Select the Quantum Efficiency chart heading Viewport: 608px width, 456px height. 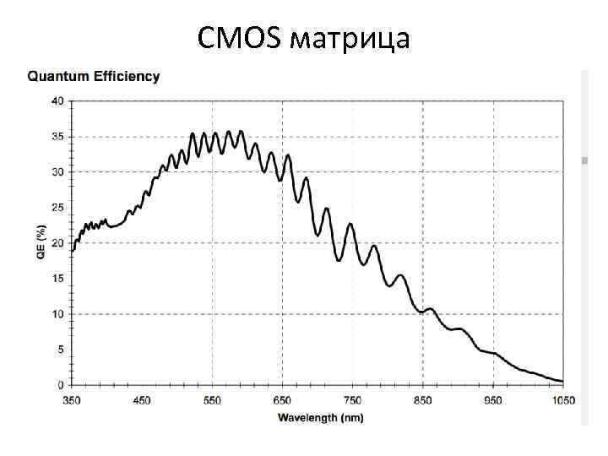point(94,77)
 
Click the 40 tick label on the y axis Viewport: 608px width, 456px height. point(57,100)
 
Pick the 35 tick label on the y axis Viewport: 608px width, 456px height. point(57,136)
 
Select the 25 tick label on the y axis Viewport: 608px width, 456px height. point(57,207)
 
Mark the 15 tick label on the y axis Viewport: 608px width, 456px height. point(57,279)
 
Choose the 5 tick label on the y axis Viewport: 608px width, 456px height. point(60,350)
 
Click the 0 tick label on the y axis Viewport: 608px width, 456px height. point(60,385)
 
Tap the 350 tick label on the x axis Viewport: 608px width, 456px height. point(73,400)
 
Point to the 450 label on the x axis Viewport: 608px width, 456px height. point(143,400)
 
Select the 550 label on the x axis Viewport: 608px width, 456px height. point(213,400)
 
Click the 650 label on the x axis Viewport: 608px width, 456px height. point(283,400)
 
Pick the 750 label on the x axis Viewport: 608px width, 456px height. point(353,400)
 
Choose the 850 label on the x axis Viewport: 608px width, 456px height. point(423,400)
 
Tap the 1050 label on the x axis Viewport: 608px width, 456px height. point(562,400)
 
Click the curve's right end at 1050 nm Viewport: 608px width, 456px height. point(562,381)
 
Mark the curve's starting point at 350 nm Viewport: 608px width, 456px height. point(73,250)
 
